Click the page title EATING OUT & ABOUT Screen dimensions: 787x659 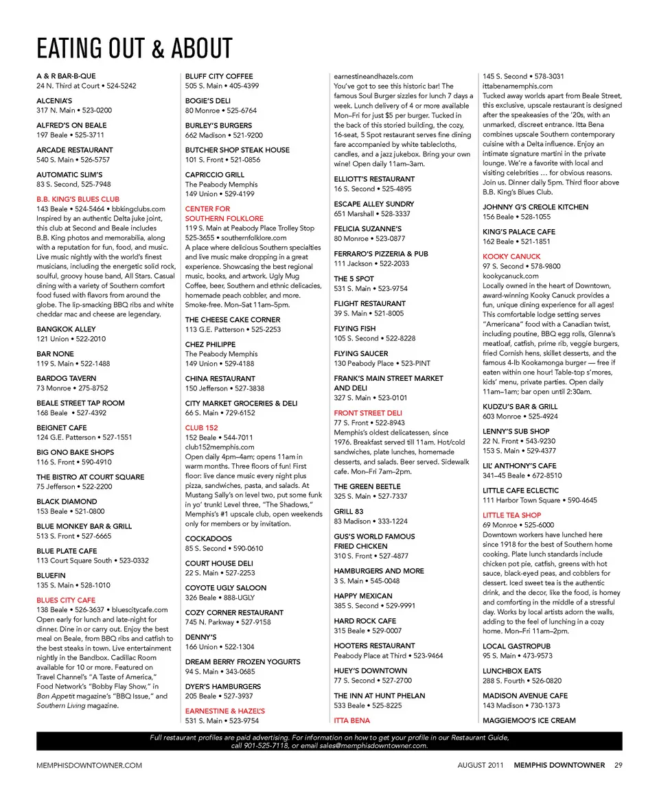click(135, 49)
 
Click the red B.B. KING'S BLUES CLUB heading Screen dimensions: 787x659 click(78, 199)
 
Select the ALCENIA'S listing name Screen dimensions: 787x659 click(54, 100)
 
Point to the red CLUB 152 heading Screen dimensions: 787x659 click(201, 427)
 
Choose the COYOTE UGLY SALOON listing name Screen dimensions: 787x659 click(225, 588)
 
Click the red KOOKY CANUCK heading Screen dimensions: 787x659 click(511, 257)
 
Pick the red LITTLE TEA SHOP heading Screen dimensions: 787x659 click(511, 515)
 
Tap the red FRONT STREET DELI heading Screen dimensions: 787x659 click(368, 413)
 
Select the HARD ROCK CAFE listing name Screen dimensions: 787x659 click(365, 621)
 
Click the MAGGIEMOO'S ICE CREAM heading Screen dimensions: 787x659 click(529, 720)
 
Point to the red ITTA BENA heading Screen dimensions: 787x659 click(351, 720)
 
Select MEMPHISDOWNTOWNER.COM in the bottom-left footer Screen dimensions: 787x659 click(89, 765)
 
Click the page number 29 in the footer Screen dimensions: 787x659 click(618, 765)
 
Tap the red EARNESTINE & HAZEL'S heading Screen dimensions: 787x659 click(224, 711)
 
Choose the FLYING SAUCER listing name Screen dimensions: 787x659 click(360, 353)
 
